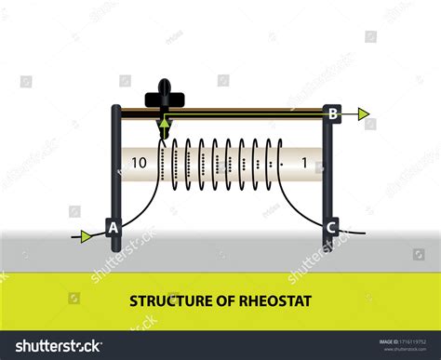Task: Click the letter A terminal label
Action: coord(114,227)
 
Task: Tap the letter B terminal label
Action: coord(332,114)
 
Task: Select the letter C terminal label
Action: coord(329,227)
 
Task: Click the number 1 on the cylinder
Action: coord(304,164)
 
